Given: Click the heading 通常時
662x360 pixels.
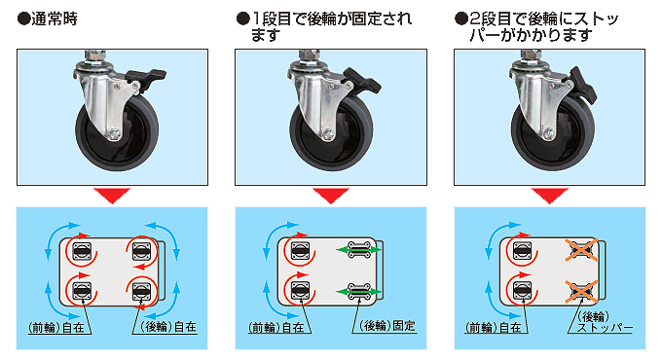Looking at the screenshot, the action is (48, 19).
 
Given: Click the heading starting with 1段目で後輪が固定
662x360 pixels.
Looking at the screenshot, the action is (324, 26).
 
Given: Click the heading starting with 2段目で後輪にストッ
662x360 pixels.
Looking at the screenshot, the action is (536, 26).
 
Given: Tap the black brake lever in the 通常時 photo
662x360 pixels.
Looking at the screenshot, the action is (146, 78).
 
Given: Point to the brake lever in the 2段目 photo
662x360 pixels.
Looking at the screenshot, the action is (583, 86).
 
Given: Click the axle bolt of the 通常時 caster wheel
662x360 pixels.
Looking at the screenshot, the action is (114, 134).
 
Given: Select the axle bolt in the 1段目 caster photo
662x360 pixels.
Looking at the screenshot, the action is (328, 134).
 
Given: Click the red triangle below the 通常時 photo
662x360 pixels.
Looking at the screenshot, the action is (112, 196).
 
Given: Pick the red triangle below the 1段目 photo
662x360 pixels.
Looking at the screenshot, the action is (331, 196).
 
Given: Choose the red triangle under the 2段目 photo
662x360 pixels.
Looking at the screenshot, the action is (550, 196).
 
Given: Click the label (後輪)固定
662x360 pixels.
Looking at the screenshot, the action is (387, 326).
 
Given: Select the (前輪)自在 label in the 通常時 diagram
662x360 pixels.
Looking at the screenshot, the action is (56, 328).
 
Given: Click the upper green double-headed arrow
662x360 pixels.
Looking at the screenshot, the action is (359, 250).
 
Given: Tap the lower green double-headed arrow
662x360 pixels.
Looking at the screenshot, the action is (359, 292).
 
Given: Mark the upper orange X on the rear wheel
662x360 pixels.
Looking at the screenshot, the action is (582, 250).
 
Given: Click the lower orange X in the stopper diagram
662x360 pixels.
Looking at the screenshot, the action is (582, 292).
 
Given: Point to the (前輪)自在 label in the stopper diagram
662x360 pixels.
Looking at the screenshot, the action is (493, 328).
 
